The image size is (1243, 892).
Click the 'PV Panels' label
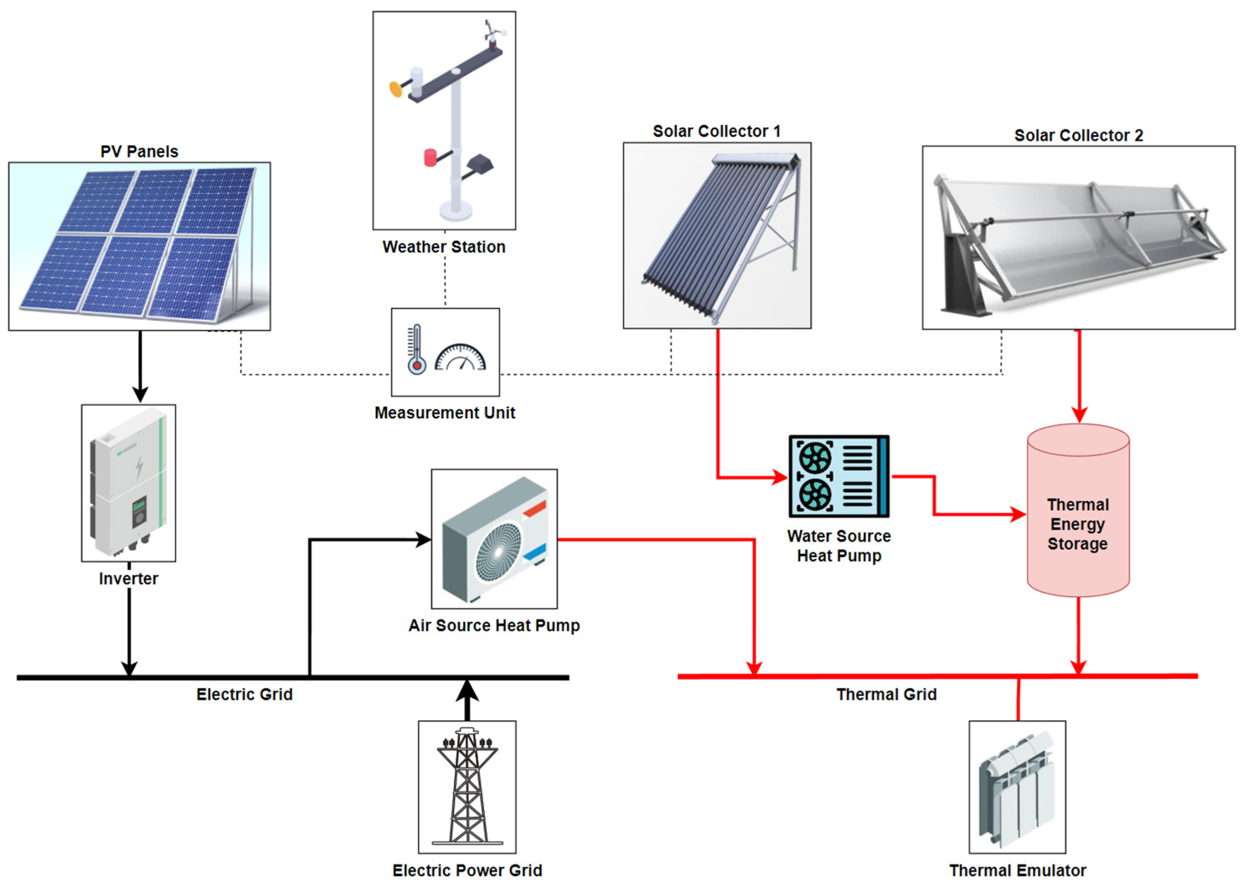[x=139, y=151]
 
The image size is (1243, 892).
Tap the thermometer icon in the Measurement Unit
[x=417, y=350]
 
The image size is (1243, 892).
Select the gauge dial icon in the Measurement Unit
[x=460, y=358]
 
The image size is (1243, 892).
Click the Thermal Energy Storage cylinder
[x=1077, y=510]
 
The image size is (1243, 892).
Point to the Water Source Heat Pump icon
[x=839, y=476]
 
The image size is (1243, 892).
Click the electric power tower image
[x=467, y=786]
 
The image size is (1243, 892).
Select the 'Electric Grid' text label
[x=244, y=695]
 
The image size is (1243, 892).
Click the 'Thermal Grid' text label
[x=886, y=695]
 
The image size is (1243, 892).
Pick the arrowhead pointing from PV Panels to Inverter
[x=140, y=394]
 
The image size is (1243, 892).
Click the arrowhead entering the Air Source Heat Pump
[x=423, y=540]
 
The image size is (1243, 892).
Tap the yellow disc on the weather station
[x=395, y=89]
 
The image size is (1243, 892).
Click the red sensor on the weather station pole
[x=430, y=158]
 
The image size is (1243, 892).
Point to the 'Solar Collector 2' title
[x=1078, y=135]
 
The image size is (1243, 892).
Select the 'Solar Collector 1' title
[x=716, y=132]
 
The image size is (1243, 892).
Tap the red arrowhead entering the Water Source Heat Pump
[x=779, y=477]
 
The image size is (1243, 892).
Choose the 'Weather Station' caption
[x=444, y=247]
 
